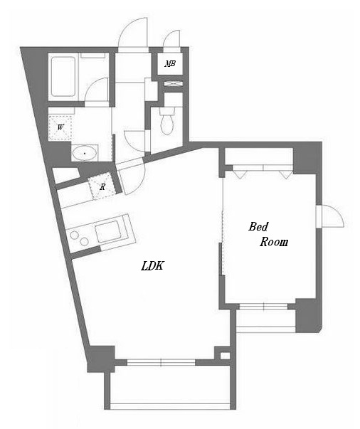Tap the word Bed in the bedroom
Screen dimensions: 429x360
click(x=258, y=227)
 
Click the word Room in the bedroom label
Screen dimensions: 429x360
click(x=274, y=242)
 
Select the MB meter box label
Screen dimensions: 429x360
click(x=170, y=64)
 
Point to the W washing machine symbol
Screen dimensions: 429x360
click(x=62, y=127)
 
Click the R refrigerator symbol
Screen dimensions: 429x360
click(x=102, y=187)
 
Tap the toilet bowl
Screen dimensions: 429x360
click(x=167, y=123)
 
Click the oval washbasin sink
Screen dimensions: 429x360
click(x=85, y=152)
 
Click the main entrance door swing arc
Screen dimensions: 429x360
click(x=132, y=32)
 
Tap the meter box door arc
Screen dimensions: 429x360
click(x=172, y=39)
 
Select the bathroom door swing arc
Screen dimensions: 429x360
click(x=98, y=90)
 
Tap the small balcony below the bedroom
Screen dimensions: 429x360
click(x=265, y=320)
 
